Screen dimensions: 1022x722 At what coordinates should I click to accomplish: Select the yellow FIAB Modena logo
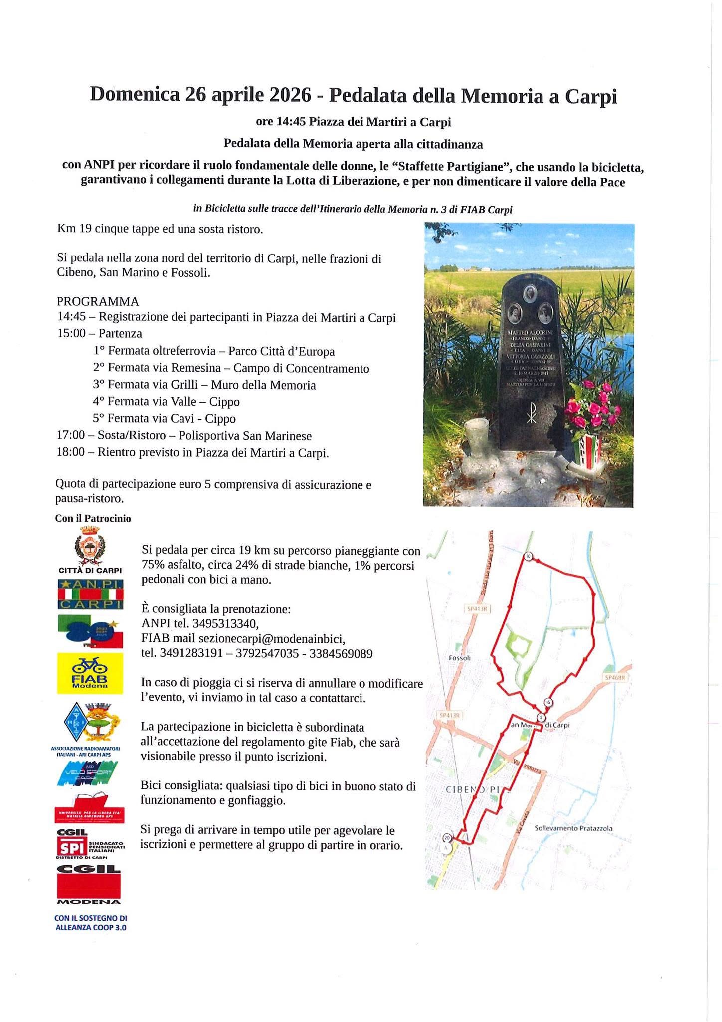pyautogui.click(x=90, y=673)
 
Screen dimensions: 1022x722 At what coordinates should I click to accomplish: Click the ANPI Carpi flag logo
pyautogui.click(x=90, y=594)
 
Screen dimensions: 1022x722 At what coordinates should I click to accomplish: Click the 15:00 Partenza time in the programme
pyautogui.click(x=71, y=333)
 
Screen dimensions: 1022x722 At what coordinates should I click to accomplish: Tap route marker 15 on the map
pyautogui.click(x=548, y=702)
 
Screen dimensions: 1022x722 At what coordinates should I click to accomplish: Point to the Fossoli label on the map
pyautogui.click(x=460, y=658)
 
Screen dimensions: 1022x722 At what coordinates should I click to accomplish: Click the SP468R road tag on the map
pyautogui.click(x=616, y=678)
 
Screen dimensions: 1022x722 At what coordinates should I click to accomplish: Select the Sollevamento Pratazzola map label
pyautogui.click(x=573, y=828)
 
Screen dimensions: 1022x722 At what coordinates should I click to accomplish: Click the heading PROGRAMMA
pyautogui.click(x=98, y=301)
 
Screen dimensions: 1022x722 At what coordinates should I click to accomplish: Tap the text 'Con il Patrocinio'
pyautogui.click(x=93, y=519)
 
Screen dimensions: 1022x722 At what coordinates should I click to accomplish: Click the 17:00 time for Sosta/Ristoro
pyautogui.click(x=71, y=436)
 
